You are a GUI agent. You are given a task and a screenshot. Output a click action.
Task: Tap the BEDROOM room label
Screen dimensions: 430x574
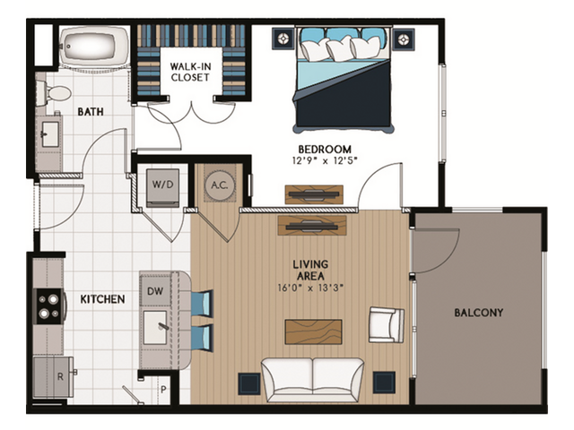(x=325, y=149)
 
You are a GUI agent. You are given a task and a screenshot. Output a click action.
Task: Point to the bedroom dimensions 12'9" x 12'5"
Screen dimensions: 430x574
(x=325, y=161)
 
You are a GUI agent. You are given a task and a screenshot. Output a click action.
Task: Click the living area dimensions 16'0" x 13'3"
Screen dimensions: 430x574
(x=310, y=288)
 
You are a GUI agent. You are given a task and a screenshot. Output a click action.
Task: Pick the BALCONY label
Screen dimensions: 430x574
(x=478, y=313)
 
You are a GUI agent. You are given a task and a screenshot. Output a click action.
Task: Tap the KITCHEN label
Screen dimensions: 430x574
(x=103, y=298)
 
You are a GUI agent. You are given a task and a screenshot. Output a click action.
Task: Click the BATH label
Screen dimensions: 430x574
(x=91, y=113)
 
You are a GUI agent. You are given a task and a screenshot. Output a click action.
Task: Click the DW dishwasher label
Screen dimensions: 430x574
(x=154, y=292)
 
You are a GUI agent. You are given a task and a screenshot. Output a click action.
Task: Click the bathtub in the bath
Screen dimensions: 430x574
(x=93, y=46)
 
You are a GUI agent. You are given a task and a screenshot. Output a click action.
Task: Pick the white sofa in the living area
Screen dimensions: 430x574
(x=312, y=378)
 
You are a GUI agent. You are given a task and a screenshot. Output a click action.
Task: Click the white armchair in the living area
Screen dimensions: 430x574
(x=386, y=323)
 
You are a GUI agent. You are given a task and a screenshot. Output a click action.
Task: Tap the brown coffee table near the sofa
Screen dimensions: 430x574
(x=313, y=331)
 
